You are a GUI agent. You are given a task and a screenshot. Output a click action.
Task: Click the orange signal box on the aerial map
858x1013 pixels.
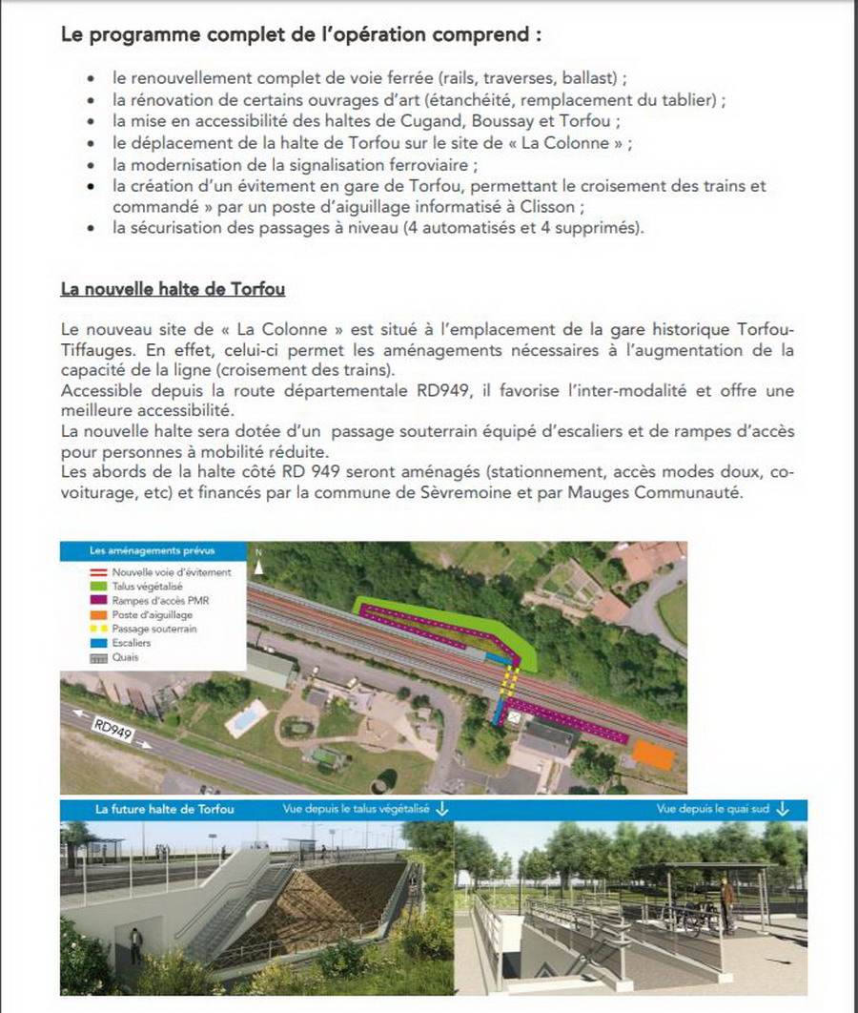coord(653,755)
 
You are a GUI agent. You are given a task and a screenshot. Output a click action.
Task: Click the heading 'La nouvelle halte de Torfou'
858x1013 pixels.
coord(173,287)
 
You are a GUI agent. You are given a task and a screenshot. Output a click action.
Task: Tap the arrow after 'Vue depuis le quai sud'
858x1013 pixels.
coord(783,809)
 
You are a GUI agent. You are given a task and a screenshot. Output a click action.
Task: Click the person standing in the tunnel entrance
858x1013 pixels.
coord(135,945)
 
